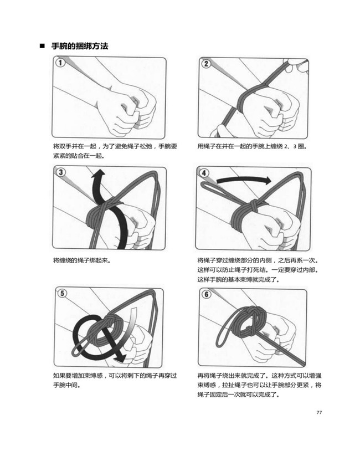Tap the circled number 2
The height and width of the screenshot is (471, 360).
pos(206,64)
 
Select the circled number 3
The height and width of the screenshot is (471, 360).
pos(61,172)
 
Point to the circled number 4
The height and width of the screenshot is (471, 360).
pos(204,173)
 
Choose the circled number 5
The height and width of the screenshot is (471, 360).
pos(62,293)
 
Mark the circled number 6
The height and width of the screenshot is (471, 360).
pos(207,294)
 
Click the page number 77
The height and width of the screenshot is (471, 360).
pos(319,412)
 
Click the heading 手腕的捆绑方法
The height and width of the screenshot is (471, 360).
pos(80,46)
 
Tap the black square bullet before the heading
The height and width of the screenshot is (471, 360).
pos(42,47)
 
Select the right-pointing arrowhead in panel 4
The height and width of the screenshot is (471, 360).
pos(266,180)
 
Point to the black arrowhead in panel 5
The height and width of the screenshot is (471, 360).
pos(121,357)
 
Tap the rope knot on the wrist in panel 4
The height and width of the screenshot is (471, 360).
pos(253,206)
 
